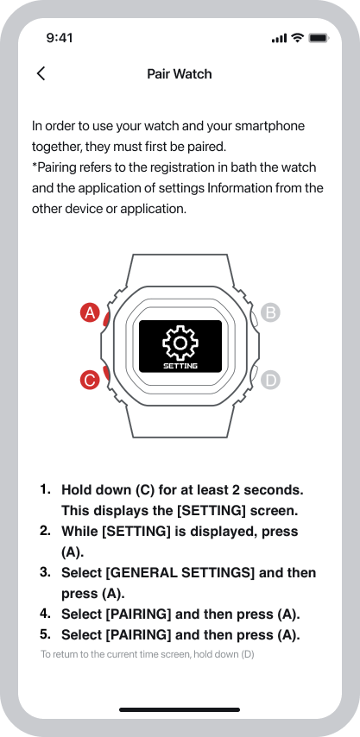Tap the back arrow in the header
coord(41,74)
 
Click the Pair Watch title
coord(180,74)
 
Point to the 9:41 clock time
coord(60,38)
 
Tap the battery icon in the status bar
coord(319,38)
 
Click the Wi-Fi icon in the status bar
coord(298,38)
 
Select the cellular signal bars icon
coord(279,39)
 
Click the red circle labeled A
coord(90,312)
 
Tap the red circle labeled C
coord(90,380)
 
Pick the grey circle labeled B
coord(270,312)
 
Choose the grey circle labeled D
coord(270,380)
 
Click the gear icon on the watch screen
coord(180,343)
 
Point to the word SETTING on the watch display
coord(180,366)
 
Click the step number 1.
coord(45,488)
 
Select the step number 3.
coord(45,572)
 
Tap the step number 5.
coord(45,634)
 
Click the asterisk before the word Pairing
coord(35,166)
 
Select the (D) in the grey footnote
coord(248,654)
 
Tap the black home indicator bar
coord(180,709)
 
